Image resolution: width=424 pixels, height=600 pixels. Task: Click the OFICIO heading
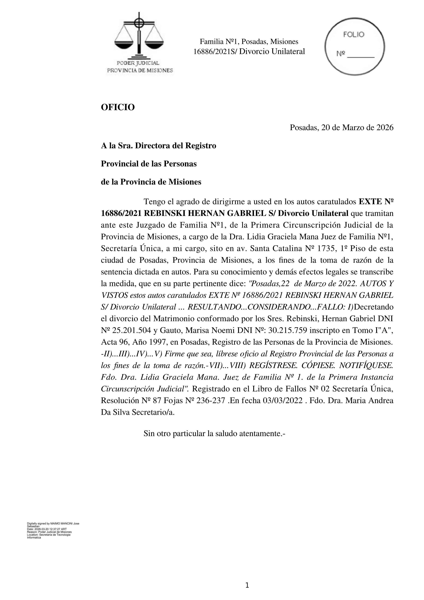point(118,107)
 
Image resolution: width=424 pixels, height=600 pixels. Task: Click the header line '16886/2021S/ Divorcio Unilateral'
point(249,51)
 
